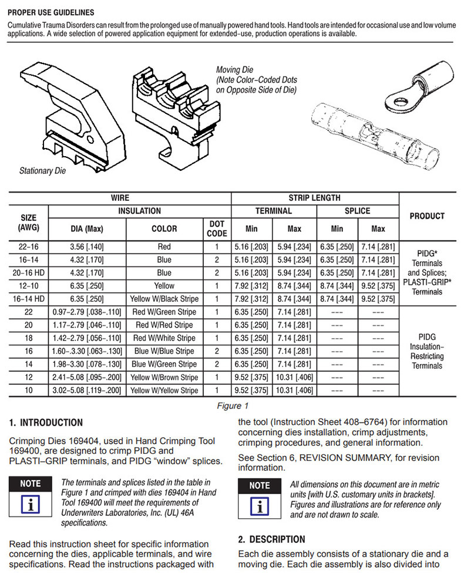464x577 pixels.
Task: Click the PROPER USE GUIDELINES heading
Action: [51, 12]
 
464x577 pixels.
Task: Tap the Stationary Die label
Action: [42, 171]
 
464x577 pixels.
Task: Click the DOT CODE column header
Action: [217, 228]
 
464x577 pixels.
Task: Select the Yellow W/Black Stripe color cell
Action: [164, 299]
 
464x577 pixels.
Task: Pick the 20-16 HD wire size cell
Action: [28, 273]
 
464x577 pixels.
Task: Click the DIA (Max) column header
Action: [87, 229]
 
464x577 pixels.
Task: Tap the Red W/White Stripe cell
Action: [164, 338]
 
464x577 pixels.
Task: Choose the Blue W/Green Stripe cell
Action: [164, 364]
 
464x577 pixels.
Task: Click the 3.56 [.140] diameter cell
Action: [87, 247]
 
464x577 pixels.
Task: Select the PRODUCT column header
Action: [427, 216]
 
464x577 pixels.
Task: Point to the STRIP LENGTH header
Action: [314, 198]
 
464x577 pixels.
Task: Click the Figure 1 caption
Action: [233, 406]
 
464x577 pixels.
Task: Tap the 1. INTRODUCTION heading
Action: [46, 423]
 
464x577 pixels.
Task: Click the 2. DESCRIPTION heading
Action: [271, 539]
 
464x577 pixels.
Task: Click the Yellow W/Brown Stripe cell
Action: [164, 377]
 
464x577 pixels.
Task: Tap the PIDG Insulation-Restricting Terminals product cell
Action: [427, 351]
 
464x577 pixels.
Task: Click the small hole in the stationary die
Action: [90, 139]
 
